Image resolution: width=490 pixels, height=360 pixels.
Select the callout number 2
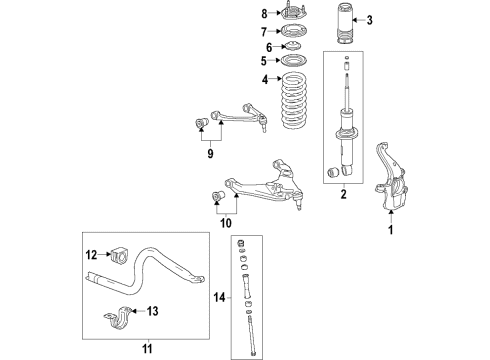click(x=342, y=197)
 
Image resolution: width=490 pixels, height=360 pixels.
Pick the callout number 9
click(x=210, y=154)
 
